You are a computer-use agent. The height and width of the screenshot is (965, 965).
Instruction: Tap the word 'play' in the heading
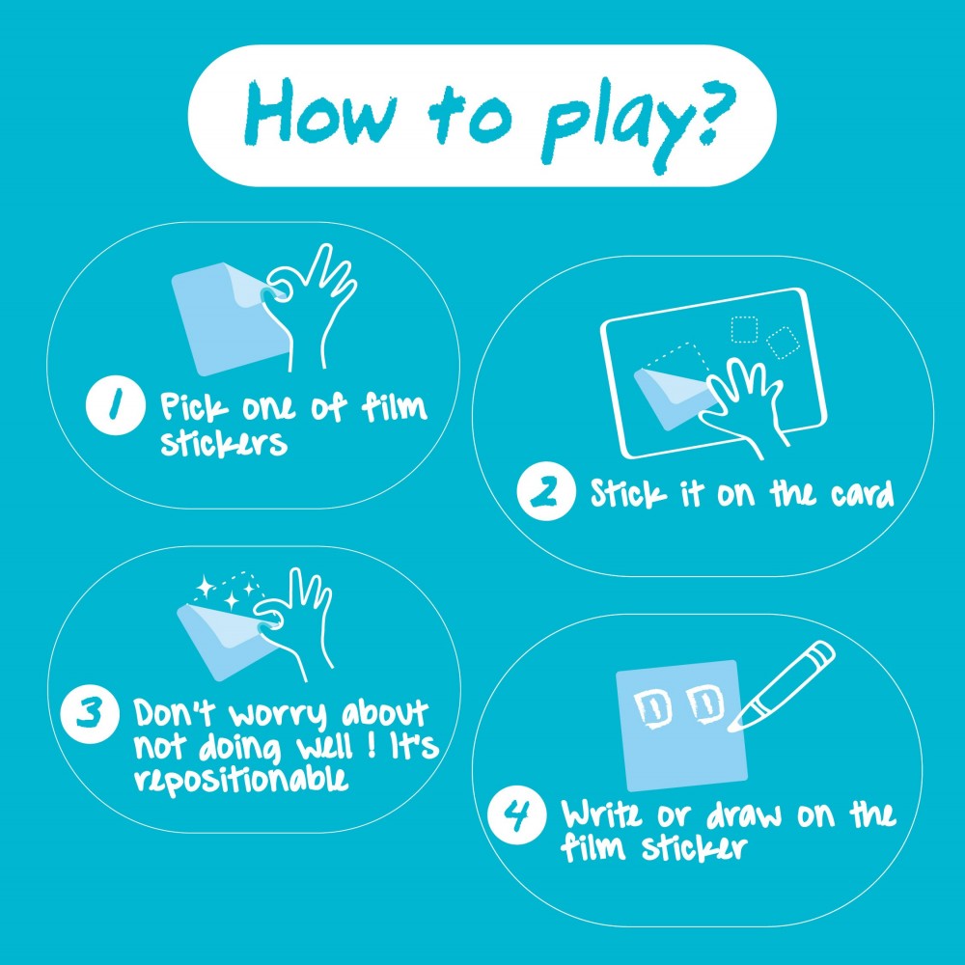coord(616,126)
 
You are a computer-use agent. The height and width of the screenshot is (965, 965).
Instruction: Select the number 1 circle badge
coord(115,405)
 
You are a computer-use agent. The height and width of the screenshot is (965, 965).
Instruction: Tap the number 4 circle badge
coord(517,813)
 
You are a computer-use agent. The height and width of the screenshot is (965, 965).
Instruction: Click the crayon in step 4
coord(782,685)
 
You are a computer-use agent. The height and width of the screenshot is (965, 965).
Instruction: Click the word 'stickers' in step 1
coord(224,443)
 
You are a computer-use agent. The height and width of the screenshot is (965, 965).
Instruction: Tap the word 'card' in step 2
coord(862,494)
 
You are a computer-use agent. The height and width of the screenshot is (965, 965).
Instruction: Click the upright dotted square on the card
coord(744,330)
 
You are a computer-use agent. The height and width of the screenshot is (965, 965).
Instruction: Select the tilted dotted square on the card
coord(783,344)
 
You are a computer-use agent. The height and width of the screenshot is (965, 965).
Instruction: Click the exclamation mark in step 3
coord(372,746)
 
